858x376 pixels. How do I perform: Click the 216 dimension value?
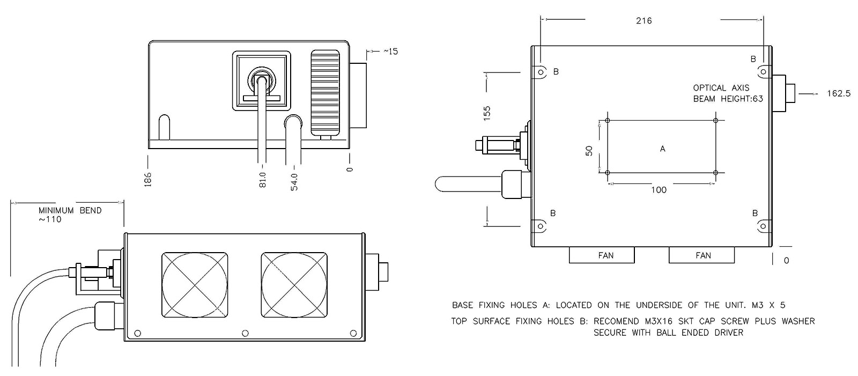643,21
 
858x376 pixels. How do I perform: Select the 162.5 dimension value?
839,93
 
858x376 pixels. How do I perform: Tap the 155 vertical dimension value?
487,113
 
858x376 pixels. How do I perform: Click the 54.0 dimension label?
294,180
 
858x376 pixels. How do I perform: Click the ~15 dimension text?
390,51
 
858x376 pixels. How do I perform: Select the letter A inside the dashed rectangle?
662,149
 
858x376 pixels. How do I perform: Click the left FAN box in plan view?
602,255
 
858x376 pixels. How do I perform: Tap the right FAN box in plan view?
701,255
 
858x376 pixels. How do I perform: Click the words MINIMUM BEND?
70,210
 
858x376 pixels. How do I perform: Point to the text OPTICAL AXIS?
721,87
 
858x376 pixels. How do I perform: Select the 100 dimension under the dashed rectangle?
659,190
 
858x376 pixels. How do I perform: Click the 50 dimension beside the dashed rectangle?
589,150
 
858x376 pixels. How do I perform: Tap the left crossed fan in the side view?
195,284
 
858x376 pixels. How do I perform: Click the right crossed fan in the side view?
294,284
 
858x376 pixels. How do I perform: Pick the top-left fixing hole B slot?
540,72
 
